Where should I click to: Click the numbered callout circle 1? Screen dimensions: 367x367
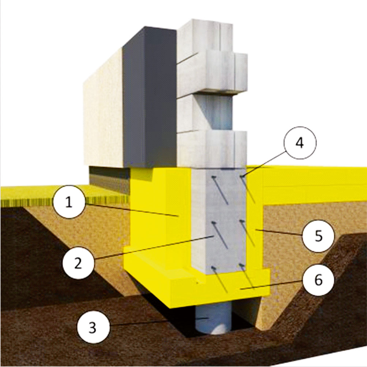[68, 202]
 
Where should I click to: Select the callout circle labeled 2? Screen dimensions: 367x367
[78, 263]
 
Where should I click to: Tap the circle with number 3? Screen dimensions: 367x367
[93, 328]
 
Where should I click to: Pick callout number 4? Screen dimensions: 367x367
[300, 143]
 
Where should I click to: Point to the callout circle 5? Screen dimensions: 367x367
[318, 236]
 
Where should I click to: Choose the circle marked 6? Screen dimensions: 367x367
[318, 280]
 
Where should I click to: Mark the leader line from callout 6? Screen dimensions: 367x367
[272, 285]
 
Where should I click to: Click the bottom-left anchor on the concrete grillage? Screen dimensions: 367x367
[213, 268]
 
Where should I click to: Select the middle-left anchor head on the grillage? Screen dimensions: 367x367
[213, 223]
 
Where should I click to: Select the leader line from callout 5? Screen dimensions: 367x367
[279, 232]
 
